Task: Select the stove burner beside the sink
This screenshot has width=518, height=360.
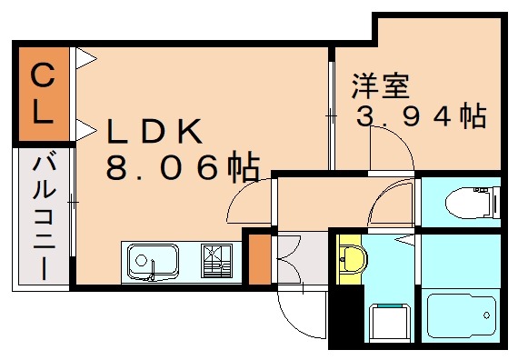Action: pyautogui.click(x=215, y=260)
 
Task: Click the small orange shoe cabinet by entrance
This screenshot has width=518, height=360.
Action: pyautogui.click(x=259, y=258)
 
